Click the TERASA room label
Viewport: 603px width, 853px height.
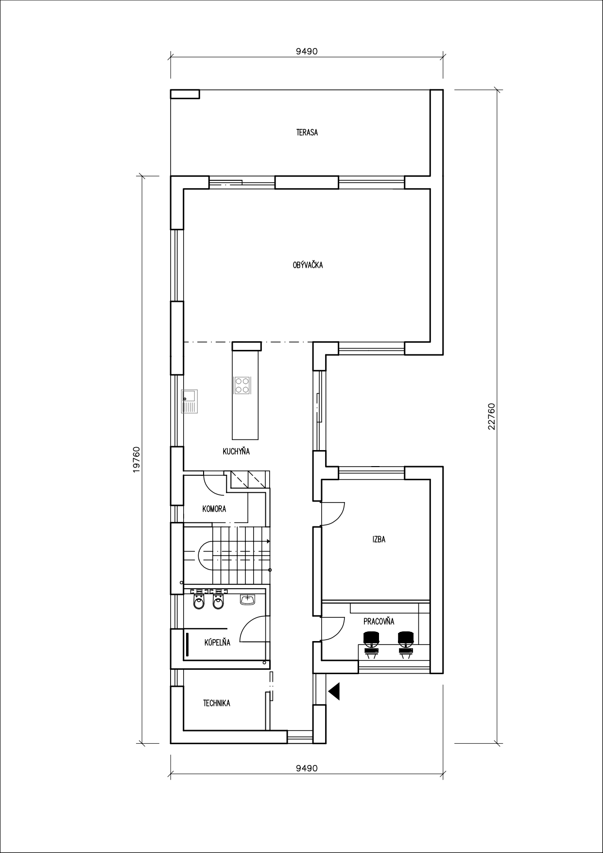coord(307,132)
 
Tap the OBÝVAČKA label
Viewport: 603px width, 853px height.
coord(308,265)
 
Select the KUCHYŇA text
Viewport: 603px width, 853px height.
coord(236,452)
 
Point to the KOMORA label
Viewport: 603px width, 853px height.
coord(214,509)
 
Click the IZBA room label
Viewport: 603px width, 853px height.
coord(379,540)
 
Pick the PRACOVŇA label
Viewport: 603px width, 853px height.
coord(379,621)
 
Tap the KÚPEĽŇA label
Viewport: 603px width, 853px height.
coord(217,642)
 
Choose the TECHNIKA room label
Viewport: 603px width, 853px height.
coord(217,703)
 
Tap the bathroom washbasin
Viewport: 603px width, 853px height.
coord(247,599)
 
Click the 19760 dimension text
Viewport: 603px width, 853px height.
coord(137,460)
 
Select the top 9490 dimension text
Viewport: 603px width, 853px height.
coord(307,52)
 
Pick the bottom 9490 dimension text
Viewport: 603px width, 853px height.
coord(307,768)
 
